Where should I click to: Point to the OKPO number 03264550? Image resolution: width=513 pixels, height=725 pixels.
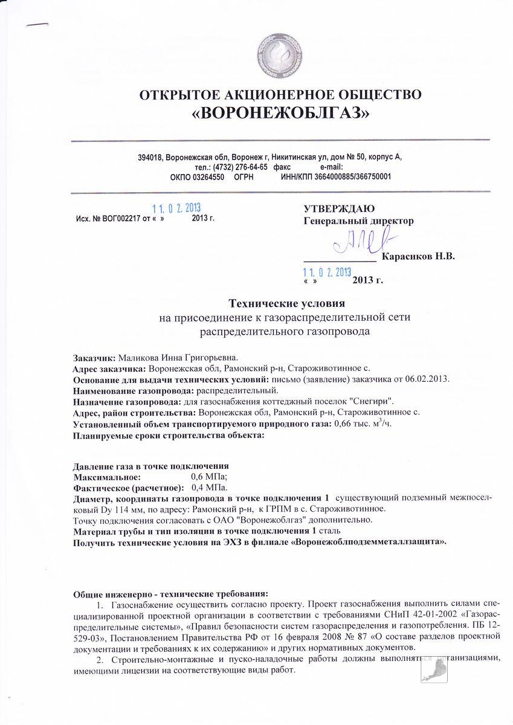click(208, 176)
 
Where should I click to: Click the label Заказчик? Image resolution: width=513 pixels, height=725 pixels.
click(94, 357)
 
